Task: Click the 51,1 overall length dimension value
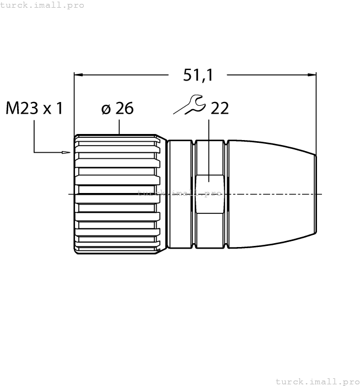click(198, 75)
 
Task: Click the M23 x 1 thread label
click(34, 108)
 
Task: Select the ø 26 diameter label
click(117, 108)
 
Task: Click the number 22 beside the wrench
click(219, 108)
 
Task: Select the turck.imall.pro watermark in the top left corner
click(42, 5)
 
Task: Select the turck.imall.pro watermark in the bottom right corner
click(317, 381)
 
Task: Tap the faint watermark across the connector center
click(179, 193)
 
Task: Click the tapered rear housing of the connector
click(270, 193)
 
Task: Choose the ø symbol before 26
click(105, 109)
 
